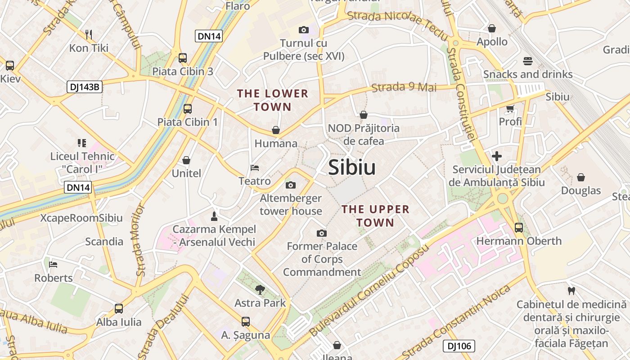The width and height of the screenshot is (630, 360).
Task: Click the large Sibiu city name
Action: pos(351,167)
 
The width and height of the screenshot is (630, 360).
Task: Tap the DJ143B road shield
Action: pos(85,87)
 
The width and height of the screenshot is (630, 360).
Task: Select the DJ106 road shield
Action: pos(459,346)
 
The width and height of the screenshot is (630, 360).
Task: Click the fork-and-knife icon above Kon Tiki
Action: pos(89,34)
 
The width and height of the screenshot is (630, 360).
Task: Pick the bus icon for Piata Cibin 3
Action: pos(182,58)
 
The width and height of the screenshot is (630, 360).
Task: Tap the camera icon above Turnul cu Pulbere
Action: pos(304,30)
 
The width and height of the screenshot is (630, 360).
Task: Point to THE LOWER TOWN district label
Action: pos(273,100)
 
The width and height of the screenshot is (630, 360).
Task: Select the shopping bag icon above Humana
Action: pos(276,130)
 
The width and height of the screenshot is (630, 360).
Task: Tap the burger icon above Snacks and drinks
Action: pos(528,61)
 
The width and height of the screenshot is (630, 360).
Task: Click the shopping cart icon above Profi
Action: pos(510,108)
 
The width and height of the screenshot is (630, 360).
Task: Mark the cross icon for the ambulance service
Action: pos(497,156)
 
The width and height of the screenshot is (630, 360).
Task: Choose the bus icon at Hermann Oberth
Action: pos(519,228)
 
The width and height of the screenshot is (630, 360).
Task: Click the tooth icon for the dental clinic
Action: pos(571,291)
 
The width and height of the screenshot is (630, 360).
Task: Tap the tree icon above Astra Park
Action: pos(260,289)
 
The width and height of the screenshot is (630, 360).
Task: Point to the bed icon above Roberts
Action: pos(54,264)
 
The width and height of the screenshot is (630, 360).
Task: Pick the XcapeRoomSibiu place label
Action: pos(81,218)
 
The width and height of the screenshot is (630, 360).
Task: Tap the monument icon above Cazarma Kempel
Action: pos(214,216)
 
